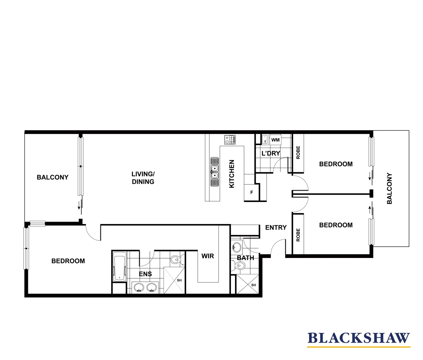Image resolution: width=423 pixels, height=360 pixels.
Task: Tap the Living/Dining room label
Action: click(143, 178)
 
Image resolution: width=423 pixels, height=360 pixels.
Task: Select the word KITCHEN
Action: click(232, 174)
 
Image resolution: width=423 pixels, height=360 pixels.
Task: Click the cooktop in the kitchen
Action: click(230, 140)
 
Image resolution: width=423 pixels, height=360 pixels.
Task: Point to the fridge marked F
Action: click(252, 193)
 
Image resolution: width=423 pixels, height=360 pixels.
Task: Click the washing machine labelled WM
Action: click(275, 140)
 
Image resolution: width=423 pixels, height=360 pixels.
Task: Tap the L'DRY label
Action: click(271, 153)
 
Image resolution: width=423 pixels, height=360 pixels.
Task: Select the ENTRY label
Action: click(276, 227)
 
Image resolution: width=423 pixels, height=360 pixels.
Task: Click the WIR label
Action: click(208, 256)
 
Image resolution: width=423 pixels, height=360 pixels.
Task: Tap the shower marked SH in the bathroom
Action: click(247, 284)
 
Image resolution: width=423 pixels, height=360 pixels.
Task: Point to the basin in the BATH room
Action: click(236, 247)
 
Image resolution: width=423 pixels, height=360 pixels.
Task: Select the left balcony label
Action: click(52, 177)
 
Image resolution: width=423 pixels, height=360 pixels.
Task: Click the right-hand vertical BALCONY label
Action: click(389, 188)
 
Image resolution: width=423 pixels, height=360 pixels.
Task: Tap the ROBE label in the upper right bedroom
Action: click(298, 152)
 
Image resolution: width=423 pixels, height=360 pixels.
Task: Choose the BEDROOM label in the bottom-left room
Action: click(68, 261)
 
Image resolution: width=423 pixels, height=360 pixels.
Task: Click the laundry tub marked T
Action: click(265, 139)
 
